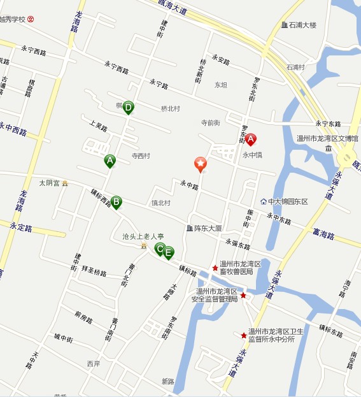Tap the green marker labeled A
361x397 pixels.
coord(110,161)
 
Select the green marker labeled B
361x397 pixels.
coord(116,202)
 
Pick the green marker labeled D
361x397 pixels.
coord(128,107)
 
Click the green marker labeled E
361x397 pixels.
coord(168,252)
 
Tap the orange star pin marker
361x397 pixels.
coord(201,164)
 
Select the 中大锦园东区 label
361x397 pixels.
coord(287,201)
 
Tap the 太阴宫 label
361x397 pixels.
coord(49,183)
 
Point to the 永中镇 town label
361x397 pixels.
coord(253,154)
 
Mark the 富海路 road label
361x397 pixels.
coord(324,235)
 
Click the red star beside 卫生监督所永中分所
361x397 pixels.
coord(244,335)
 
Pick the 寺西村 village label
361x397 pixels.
coord(141,155)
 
